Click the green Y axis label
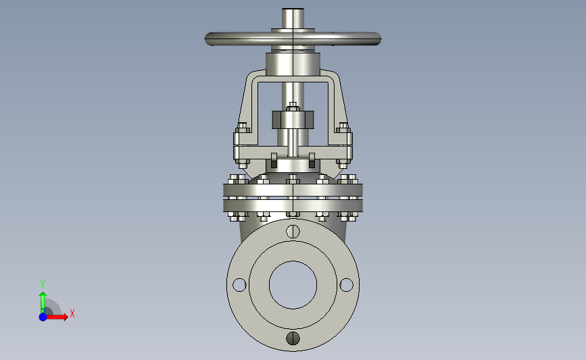[43, 284]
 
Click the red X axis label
[72, 313]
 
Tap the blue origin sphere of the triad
[43, 317]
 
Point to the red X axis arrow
[57, 317]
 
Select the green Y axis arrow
[43, 303]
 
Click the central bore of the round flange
[293, 285]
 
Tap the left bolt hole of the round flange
[239, 285]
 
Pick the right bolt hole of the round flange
[347, 285]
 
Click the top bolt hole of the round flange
[293, 232]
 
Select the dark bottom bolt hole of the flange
[293, 338]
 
